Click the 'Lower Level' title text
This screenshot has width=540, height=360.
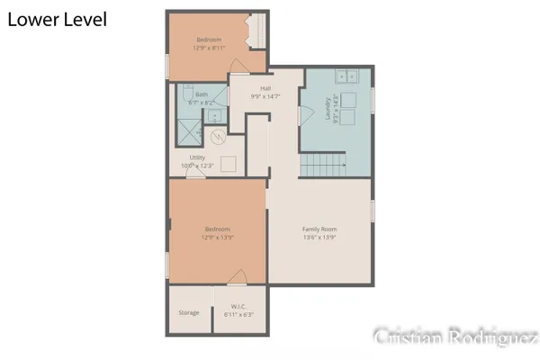pos(58,20)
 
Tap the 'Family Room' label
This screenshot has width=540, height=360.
pos(319,229)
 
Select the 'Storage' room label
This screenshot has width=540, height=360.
pos(188,312)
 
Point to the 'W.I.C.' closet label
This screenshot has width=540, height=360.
pos(238,306)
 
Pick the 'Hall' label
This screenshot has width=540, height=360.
pos(266,87)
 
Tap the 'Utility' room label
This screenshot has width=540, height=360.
pos(198,157)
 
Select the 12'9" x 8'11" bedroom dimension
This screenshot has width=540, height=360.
pos(211,48)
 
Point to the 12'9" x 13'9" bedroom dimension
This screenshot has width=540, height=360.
pos(217,238)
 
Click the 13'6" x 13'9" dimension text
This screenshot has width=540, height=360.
pos(319,238)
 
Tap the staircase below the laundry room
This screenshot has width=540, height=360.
pos(323,166)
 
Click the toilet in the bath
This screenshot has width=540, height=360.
pos(184,95)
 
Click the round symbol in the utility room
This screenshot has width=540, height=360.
pos(217,138)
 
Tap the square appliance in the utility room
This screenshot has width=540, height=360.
pos(228,164)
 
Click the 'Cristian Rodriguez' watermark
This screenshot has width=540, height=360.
pos(455,337)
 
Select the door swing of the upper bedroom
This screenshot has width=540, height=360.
pos(238,69)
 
